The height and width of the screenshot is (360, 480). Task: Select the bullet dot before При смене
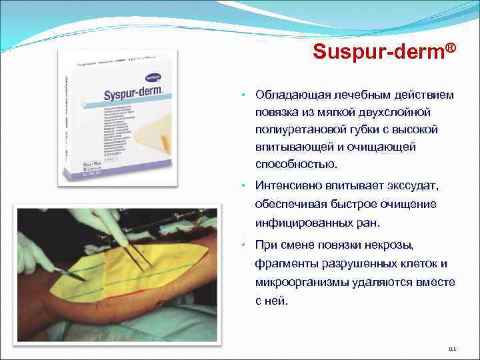pos(245,246)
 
